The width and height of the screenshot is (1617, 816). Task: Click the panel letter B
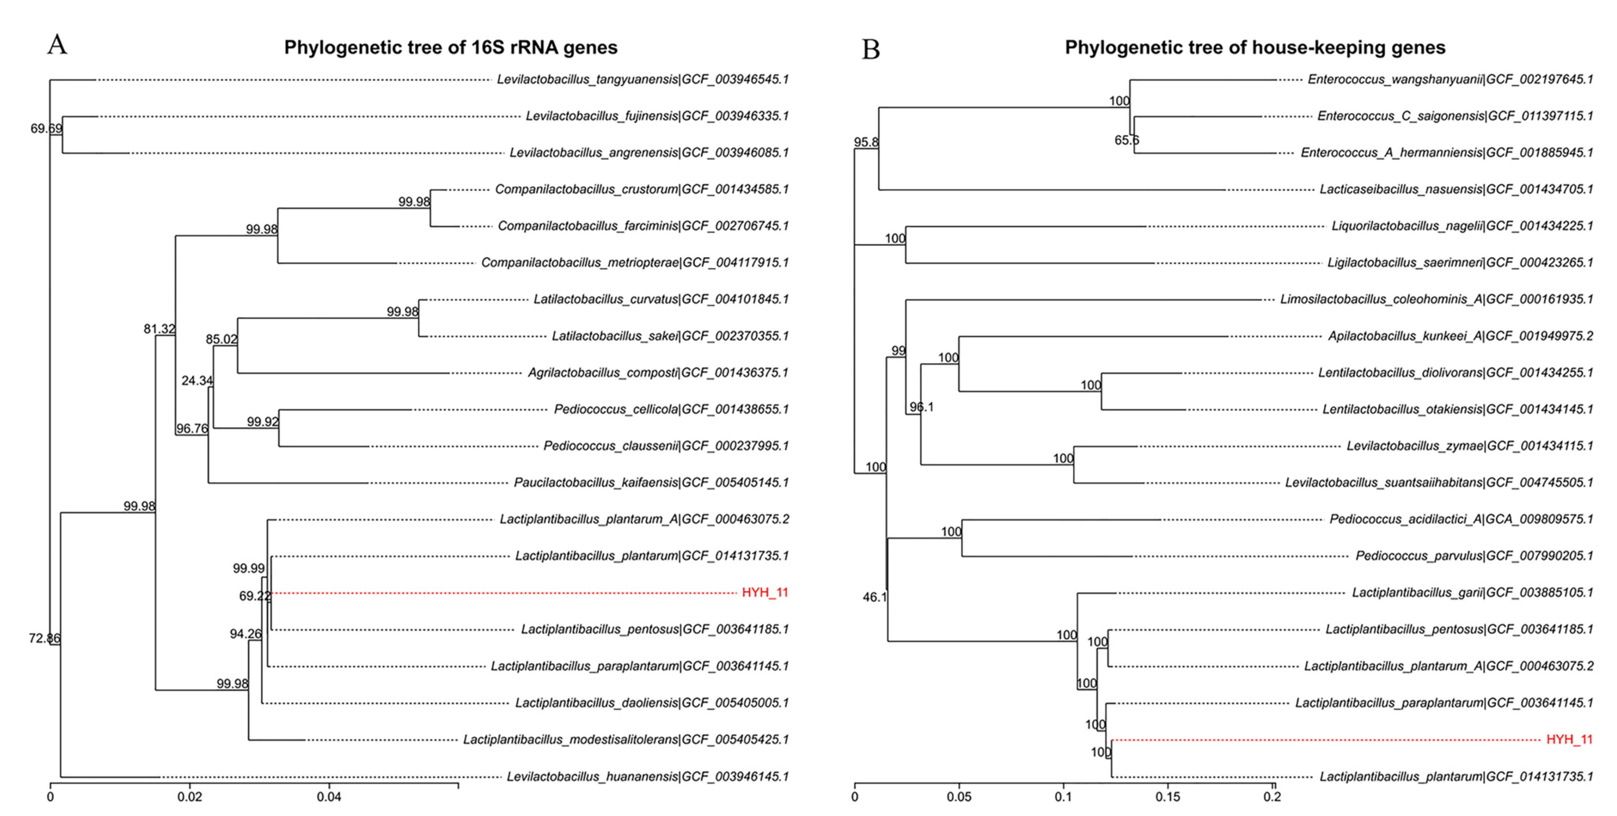click(871, 49)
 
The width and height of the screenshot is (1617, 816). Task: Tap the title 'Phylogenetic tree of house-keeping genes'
click(1255, 48)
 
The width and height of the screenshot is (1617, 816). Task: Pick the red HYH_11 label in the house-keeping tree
click(1569, 739)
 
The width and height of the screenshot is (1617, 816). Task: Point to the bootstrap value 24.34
click(197, 380)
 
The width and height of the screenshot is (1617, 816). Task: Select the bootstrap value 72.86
click(44, 639)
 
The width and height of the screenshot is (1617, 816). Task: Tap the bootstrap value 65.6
click(1126, 140)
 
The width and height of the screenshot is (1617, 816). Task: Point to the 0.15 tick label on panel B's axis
click(1168, 797)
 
